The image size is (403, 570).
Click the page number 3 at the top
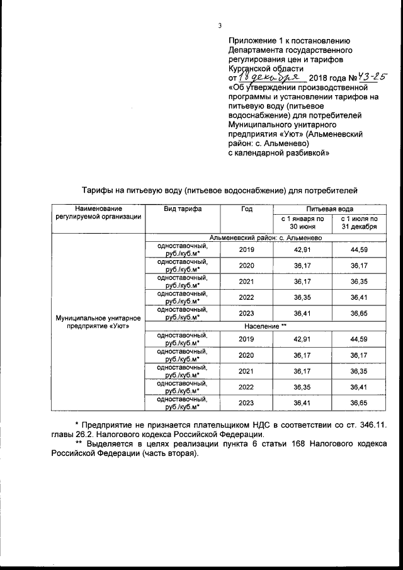coord(219,26)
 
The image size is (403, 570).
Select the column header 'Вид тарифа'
coord(183,208)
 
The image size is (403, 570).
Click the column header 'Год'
coord(246,208)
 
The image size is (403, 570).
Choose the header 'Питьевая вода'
coord(329,208)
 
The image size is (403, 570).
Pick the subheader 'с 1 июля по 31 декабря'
coord(359,222)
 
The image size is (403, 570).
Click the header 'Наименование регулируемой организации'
coord(98,213)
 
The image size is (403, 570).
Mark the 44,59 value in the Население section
coord(359,339)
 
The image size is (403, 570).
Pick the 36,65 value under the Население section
coord(359,403)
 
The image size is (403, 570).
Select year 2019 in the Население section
coord(246,339)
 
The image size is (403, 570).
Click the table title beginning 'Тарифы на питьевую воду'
coord(220,188)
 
